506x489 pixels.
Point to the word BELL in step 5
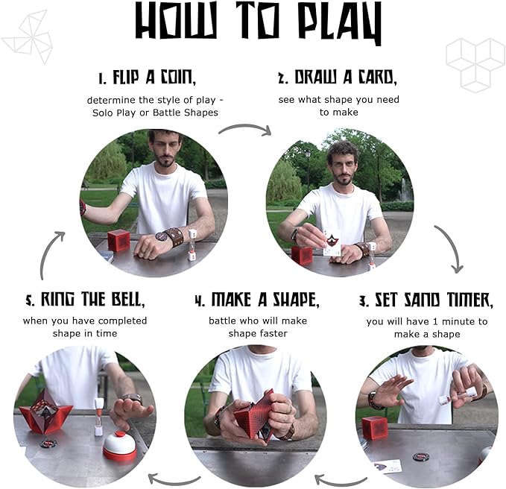[x=127, y=299]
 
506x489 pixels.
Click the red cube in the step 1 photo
[x=118, y=241]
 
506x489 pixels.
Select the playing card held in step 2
[x=331, y=243]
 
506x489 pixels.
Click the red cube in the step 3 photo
[x=373, y=429]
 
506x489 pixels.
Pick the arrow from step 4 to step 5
[x=174, y=480]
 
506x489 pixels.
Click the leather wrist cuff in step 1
[x=174, y=236]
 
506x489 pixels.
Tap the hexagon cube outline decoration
[x=475, y=65]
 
